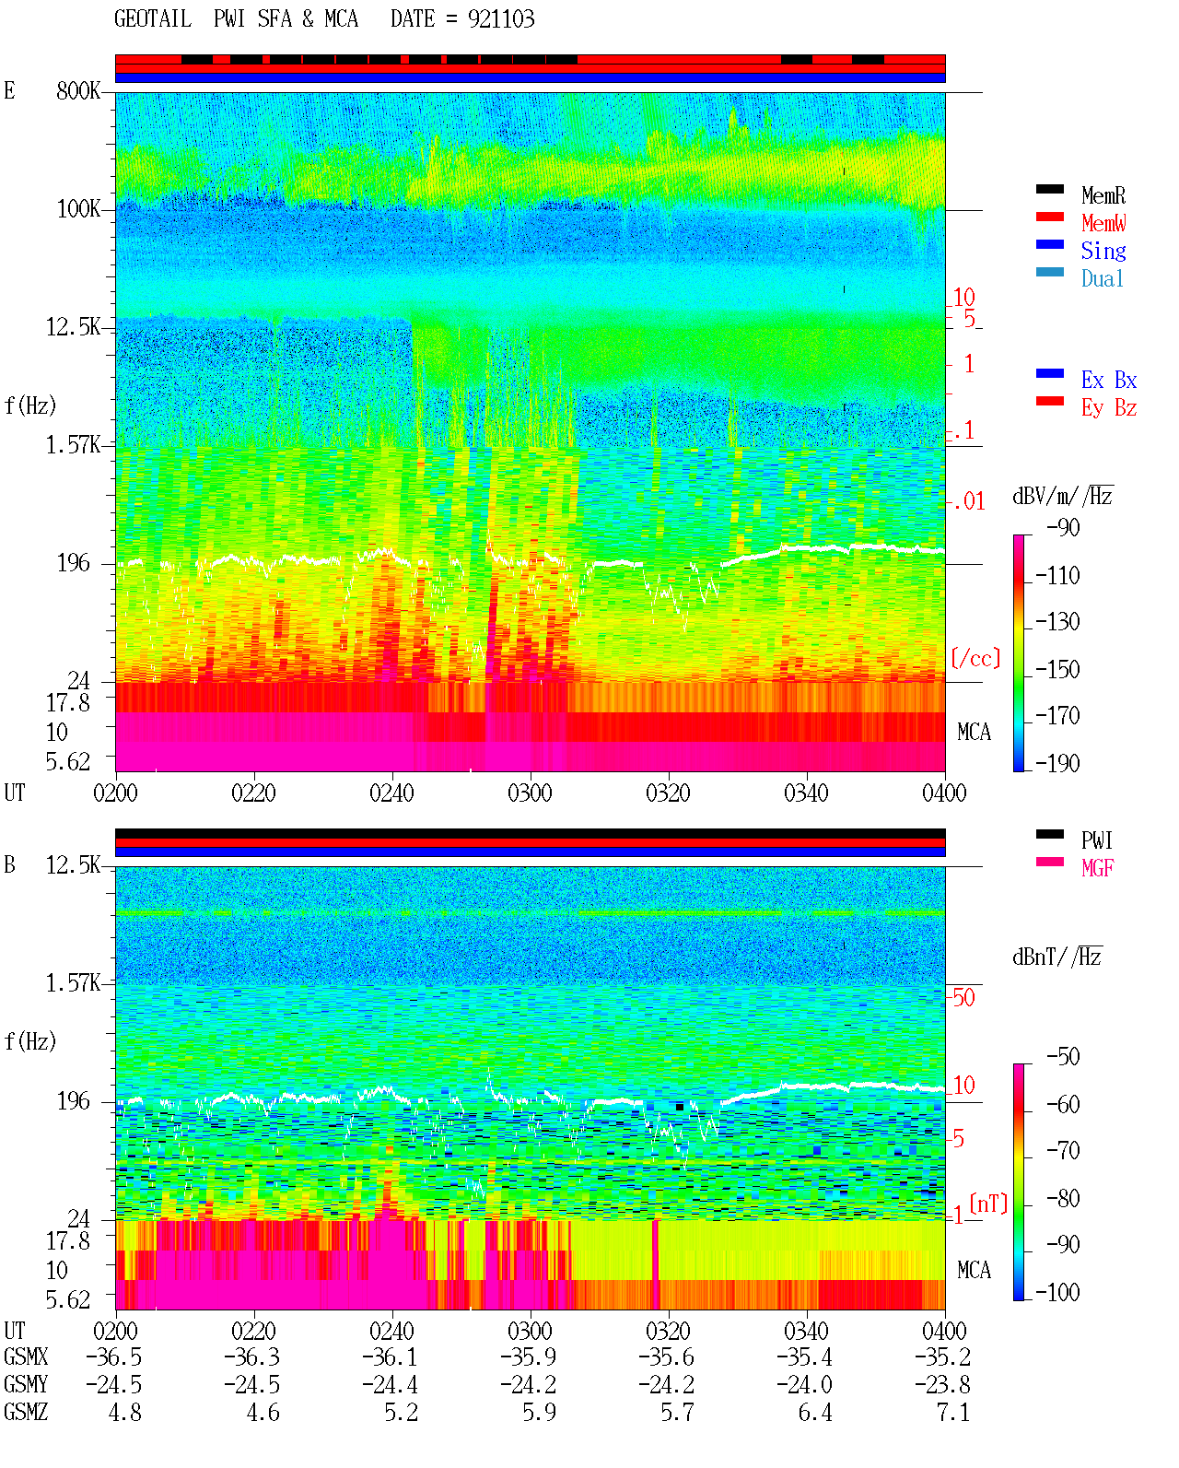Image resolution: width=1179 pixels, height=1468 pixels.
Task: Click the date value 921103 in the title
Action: (500, 19)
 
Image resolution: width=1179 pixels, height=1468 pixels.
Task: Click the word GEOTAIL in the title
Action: (153, 19)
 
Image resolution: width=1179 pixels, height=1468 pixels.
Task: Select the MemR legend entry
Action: (1103, 195)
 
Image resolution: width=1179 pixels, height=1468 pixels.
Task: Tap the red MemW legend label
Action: (1103, 223)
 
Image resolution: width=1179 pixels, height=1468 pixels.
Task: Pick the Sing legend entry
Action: (1103, 251)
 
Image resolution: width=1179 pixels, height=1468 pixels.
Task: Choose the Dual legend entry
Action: (1102, 279)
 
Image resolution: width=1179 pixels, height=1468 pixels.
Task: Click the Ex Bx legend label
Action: (1108, 380)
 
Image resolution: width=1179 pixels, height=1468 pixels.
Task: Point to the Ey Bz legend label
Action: (1108, 408)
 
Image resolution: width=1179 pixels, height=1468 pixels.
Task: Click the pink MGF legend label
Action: (1097, 868)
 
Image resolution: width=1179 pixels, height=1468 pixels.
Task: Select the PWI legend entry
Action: (1096, 840)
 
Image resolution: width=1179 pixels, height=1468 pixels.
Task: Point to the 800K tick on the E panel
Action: (78, 90)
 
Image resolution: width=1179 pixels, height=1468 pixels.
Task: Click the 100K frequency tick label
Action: (78, 209)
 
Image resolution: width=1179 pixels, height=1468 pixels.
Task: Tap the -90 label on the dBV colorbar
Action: (1062, 527)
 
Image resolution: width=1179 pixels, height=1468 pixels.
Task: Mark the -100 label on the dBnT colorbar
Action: (1056, 1293)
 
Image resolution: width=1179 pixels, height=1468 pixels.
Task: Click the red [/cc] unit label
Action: (975, 658)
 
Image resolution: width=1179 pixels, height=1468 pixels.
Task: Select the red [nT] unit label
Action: (988, 1203)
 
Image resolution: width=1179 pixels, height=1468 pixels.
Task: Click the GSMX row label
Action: (26, 1356)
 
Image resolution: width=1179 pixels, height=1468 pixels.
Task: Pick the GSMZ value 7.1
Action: (952, 1413)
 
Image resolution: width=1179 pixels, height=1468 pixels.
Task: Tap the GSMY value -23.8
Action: (941, 1385)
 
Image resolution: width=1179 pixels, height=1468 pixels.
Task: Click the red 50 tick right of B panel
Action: (963, 998)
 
